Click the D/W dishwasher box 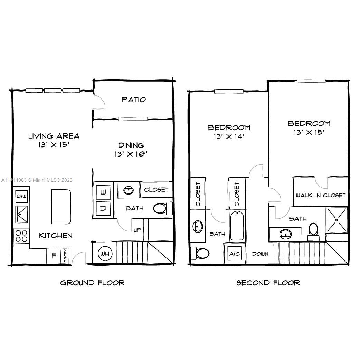coord(21,196)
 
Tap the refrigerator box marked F coord(54,256)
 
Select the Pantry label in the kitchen coord(66,256)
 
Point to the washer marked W coord(103,191)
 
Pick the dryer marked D coord(103,208)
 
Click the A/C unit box coord(235,254)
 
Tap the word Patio coord(133,100)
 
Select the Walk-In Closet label coord(321,195)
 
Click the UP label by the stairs coord(138,230)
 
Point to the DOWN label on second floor coord(260,254)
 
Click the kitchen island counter coord(61,206)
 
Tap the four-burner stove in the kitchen coord(21,236)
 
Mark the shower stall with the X coord(337,220)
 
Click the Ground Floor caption coord(92,283)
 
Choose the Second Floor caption coord(268,283)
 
